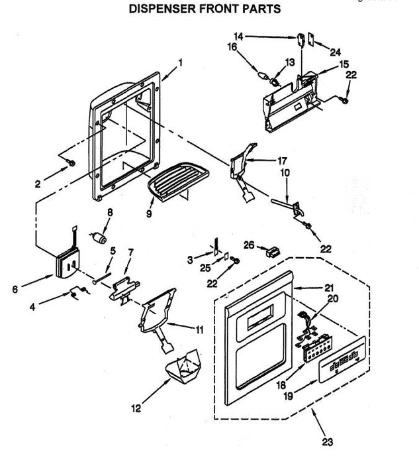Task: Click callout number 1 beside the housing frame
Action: tap(180, 63)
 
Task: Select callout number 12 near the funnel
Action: tap(135, 409)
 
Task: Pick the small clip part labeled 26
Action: tap(271, 252)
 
